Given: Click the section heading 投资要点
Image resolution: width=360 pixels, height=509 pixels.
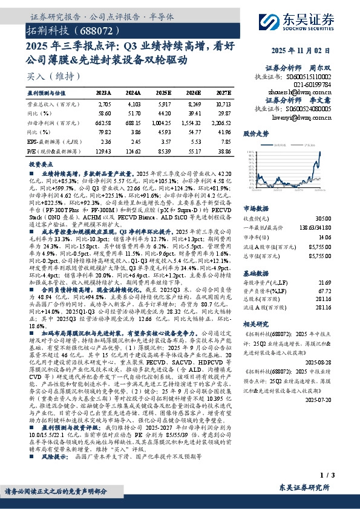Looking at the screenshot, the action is (42, 164).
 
